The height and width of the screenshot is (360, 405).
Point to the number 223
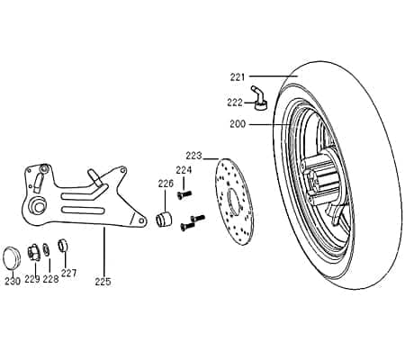[195, 155]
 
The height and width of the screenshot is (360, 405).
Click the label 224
[184, 169]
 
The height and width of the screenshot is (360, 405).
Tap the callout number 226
[166, 184]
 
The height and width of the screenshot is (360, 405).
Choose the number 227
[69, 272]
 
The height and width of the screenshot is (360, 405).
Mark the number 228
[50, 279]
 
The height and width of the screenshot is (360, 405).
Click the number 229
[31, 279]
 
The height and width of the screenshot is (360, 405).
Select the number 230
[12, 281]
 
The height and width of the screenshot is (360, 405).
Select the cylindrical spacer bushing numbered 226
[165, 219]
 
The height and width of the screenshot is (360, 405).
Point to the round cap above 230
[13, 255]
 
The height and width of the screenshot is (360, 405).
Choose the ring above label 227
[63, 244]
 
